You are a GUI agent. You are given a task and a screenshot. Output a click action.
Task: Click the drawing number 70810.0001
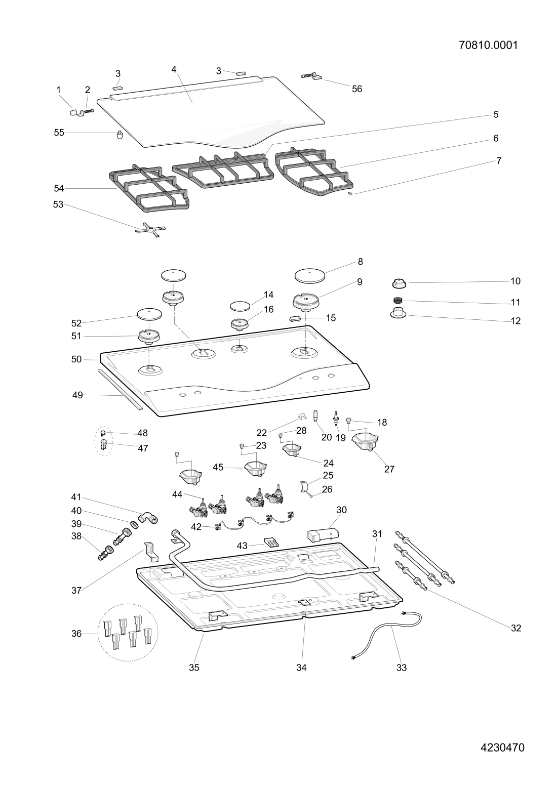tap(488, 46)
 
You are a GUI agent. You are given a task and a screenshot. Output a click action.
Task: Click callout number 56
tap(357, 89)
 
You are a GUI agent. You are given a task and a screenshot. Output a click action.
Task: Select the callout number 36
tap(76, 634)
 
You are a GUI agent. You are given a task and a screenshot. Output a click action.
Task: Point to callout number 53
tap(58, 204)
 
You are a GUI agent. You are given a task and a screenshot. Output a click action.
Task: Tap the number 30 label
tap(341, 510)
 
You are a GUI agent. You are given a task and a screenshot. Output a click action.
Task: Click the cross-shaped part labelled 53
tap(150, 230)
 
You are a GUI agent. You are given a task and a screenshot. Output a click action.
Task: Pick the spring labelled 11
tap(398, 301)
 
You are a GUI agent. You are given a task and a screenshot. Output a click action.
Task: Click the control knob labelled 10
tap(399, 282)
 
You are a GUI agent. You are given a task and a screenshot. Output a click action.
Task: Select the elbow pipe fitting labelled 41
tap(148, 518)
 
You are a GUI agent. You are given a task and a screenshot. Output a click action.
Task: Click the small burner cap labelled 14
tap(240, 305)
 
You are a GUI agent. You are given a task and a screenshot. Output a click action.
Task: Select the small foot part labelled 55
tap(120, 135)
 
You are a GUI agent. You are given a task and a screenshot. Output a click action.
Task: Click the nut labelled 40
tap(134, 524)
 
